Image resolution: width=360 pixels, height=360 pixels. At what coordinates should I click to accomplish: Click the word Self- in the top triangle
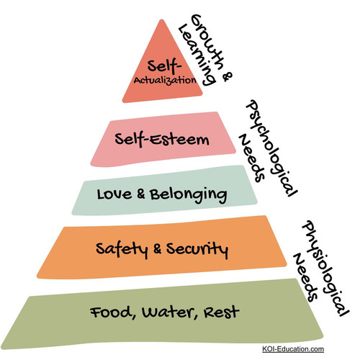point(164,66)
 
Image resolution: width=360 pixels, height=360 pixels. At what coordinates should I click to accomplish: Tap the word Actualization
point(165,80)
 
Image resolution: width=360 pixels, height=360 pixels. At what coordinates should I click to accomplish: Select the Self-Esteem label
point(162,139)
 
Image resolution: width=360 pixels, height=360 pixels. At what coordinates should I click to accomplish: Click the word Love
point(114,194)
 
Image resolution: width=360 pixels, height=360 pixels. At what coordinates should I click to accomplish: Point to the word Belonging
point(189,196)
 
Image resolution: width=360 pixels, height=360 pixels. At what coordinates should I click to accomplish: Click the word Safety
point(122,250)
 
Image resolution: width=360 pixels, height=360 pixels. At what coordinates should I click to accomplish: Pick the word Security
point(197,250)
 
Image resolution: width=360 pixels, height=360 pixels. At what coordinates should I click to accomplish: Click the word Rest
point(222,312)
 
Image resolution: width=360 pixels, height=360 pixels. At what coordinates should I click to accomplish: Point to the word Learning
point(197,55)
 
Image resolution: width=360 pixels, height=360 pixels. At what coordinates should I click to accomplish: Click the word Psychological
point(271,148)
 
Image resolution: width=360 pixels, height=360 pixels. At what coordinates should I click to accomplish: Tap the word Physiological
point(325,269)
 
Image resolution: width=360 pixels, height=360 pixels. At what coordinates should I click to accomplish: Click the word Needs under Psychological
point(251,158)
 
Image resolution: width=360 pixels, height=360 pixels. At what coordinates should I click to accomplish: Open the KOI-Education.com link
point(293,348)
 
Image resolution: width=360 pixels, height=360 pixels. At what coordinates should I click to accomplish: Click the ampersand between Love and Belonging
point(141,194)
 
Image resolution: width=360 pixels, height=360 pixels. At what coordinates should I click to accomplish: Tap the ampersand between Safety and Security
point(157,248)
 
